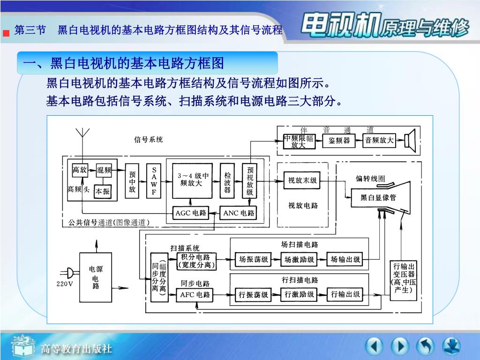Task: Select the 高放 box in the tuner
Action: pos(80,170)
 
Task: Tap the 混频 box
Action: pos(104,170)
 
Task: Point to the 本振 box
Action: pos(103,191)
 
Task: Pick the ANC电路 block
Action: pos(239,213)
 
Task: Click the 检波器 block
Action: pos(227,180)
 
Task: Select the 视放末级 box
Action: pos(302,180)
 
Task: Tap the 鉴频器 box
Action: pos(339,140)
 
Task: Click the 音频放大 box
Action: pos(379,140)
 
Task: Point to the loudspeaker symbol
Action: pos(411,140)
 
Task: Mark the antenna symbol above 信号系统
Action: pos(83,132)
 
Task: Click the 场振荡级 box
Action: pos(254,259)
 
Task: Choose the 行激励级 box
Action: pos(300,294)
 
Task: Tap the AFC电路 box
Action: pos(195,295)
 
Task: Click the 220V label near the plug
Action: pos(65,284)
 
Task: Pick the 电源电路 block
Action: pos(96,277)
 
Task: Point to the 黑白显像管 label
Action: pos(378,197)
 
